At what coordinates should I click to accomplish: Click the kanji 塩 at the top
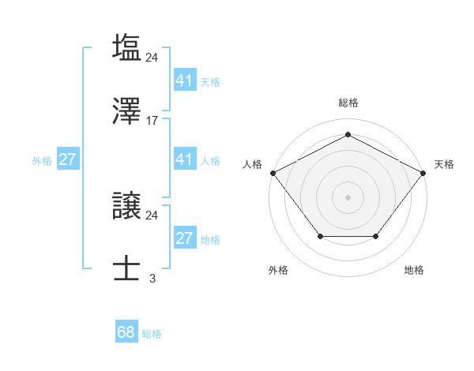click(x=126, y=47)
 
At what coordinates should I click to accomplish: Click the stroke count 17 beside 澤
click(x=152, y=121)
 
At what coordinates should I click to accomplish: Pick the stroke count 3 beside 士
click(x=152, y=279)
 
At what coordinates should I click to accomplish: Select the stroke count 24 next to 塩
click(x=152, y=57)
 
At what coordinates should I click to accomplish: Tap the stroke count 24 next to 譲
click(x=152, y=215)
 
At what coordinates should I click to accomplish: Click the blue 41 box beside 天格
click(x=184, y=81)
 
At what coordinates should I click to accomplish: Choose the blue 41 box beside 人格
click(x=184, y=159)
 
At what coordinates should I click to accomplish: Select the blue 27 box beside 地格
click(x=184, y=238)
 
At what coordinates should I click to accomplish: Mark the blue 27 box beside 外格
click(x=67, y=159)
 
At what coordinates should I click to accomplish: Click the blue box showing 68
click(x=126, y=332)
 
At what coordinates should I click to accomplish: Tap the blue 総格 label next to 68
click(x=152, y=334)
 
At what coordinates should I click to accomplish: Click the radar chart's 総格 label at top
click(x=348, y=103)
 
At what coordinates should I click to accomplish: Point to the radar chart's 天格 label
click(x=444, y=164)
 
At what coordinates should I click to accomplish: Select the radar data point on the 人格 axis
click(x=273, y=172)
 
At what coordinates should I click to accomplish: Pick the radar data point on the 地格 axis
click(x=375, y=236)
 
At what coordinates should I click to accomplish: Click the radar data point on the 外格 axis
click(x=320, y=236)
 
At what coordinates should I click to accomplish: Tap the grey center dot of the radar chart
click(x=348, y=197)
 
